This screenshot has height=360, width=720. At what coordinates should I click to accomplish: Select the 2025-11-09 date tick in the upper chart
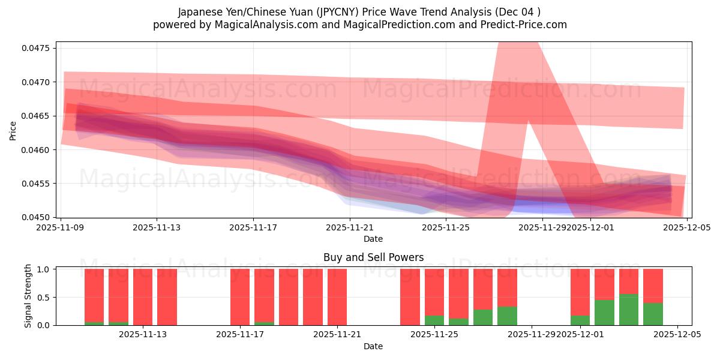point(60,227)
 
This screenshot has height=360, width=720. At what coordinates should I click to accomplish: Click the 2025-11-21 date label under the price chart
point(349,227)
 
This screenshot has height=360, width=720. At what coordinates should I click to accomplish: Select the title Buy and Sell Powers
point(373,257)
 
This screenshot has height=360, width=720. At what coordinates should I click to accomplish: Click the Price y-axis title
point(13,130)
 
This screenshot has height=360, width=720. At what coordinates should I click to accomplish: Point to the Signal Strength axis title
point(28,296)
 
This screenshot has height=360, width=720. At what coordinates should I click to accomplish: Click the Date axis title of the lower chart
point(373,346)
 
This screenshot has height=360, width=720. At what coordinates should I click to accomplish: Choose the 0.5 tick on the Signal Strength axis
point(44,297)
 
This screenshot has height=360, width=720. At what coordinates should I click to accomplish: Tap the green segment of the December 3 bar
point(629,310)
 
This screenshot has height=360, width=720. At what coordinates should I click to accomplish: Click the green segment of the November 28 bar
point(507,316)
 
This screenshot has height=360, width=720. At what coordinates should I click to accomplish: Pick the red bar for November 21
point(337,297)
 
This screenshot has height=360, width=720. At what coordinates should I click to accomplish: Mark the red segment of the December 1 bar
point(580,292)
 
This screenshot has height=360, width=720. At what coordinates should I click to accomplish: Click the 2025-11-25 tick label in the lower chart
point(434,335)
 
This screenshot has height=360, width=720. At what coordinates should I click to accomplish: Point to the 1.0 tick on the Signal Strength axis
point(44,269)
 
